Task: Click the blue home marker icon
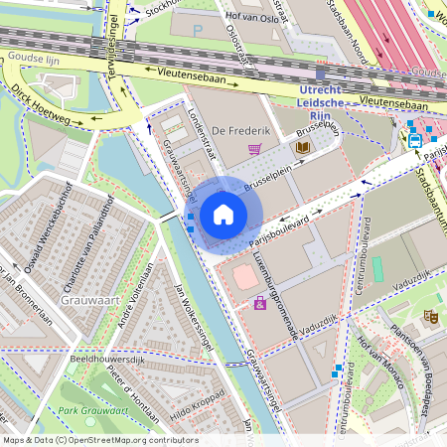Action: click(223, 214)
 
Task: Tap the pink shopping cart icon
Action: click(255, 149)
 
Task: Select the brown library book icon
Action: click(302, 148)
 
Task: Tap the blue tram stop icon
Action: click(414, 140)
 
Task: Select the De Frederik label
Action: click(235, 130)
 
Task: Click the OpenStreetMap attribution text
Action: click(87, 439)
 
